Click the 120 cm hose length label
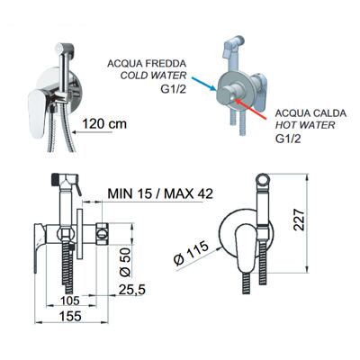click(104, 123)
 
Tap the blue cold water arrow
click(203, 84)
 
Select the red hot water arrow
click(250, 109)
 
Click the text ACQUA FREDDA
click(147, 64)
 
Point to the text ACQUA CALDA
click(310, 113)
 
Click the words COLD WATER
click(153, 76)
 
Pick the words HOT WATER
click(305, 125)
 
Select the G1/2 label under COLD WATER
click(174, 89)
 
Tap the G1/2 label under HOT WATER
click(288, 139)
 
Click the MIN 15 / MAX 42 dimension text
click(160, 193)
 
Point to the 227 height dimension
click(299, 220)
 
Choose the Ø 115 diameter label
click(191, 253)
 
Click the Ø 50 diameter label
click(126, 262)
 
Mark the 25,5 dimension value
click(132, 290)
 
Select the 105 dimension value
click(70, 301)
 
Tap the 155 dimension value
click(70, 316)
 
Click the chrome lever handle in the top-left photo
click(37, 114)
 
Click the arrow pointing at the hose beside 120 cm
click(94, 132)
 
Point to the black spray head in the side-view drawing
click(57, 178)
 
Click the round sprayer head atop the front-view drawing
click(265, 181)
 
